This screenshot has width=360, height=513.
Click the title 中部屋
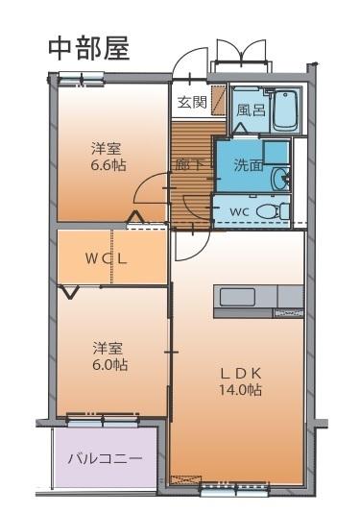[x=89, y=50]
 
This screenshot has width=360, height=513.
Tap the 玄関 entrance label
[x=192, y=102]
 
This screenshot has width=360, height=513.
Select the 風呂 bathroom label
[x=251, y=110]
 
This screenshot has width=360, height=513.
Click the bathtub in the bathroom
[x=286, y=110]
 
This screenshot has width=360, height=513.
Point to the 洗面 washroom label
[x=249, y=165]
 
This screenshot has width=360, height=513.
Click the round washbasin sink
[x=281, y=179]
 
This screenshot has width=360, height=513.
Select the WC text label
[x=240, y=211]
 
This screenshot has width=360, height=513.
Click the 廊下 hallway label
[x=190, y=164]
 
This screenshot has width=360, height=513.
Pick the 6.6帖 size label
[x=108, y=165]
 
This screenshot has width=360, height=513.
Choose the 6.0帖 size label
[x=109, y=365]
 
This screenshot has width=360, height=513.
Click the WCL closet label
[x=106, y=259]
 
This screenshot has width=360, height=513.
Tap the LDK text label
[x=240, y=373]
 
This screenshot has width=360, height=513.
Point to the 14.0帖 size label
[x=240, y=390]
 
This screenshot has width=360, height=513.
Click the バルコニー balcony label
[x=106, y=458]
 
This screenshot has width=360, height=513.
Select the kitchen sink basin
[x=237, y=297]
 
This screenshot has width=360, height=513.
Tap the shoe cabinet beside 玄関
[x=219, y=100]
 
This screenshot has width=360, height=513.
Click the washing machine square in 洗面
[x=276, y=153]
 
